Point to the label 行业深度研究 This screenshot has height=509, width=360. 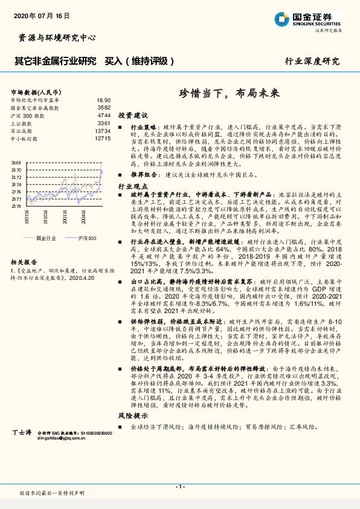coord(312,62)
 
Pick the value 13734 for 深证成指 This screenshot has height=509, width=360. coord(102,131)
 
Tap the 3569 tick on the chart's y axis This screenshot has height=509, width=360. coord(16,163)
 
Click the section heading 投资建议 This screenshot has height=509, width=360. coord(133,115)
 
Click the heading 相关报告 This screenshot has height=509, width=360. coord(25,262)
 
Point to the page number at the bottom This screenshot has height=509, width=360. coord(179,487)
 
